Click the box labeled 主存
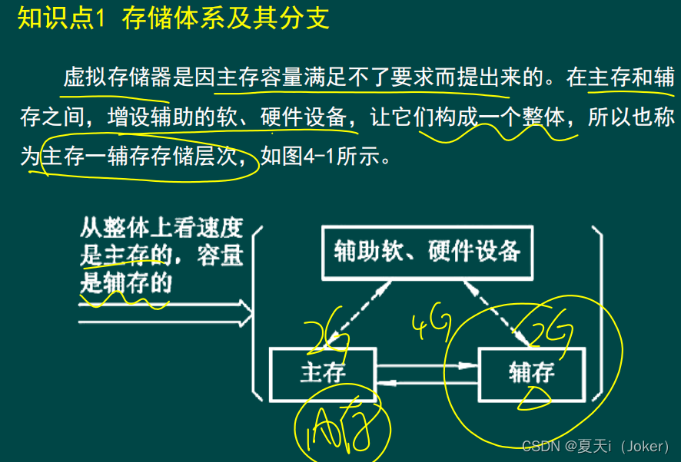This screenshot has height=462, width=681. point(322,374)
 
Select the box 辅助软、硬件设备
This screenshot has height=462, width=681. point(427,251)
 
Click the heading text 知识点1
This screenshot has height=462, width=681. point(61,18)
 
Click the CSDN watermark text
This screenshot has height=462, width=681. point(600,447)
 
